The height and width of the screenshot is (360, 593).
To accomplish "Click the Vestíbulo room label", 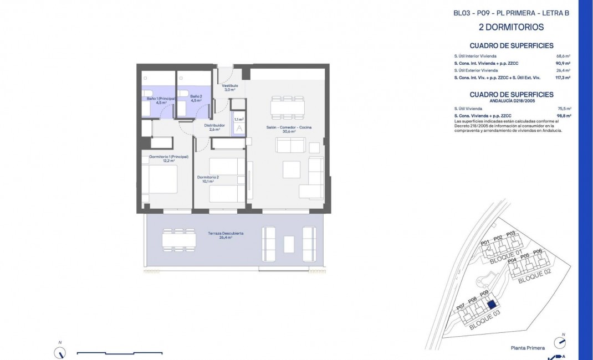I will [x=230, y=88].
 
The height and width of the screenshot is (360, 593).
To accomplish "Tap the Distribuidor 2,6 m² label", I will [x=214, y=127].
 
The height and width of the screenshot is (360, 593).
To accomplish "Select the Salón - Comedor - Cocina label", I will [x=289, y=130].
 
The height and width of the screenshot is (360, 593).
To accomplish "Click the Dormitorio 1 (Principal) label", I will [x=169, y=158].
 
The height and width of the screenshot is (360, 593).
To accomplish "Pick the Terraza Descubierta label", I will [x=226, y=235].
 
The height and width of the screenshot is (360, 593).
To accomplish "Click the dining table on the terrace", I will [x=179, y=239].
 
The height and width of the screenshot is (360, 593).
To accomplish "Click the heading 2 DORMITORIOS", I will [x=510, y=27].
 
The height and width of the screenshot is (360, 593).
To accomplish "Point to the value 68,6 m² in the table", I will [x=564, y=56].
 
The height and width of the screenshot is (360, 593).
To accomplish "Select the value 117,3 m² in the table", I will [x=563, y=78].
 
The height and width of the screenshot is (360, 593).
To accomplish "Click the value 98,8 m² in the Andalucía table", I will [x=564, y=116].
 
